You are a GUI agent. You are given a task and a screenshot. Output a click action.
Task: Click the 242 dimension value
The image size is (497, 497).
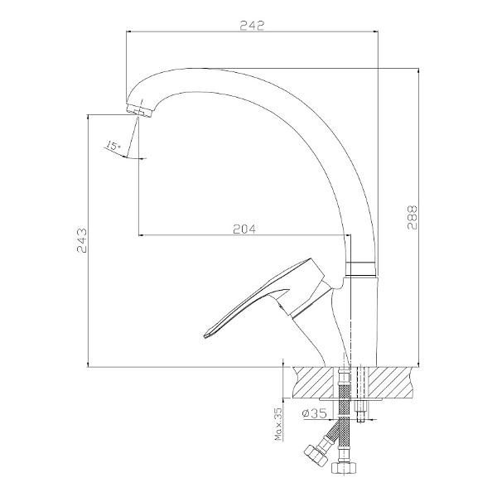pyautogui.click(x=252, y=26)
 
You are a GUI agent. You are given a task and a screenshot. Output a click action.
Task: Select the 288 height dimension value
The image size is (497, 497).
pyautogui.click(x=413, y=217)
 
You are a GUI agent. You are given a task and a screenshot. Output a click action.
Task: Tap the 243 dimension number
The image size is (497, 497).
pyautogui.click(x=81, y=240)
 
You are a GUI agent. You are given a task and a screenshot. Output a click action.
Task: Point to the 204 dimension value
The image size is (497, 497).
pyautogui.click(x=244, y=229)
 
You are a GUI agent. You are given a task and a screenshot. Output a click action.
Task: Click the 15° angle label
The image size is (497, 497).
pyautogui.click(x=113, y=146)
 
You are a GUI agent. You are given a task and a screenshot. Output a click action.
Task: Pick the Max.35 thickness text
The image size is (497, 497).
pyautogui.click(x=278, y=424)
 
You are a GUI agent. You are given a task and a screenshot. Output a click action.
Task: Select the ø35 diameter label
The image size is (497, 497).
pyautogui.click(x=314, y=413)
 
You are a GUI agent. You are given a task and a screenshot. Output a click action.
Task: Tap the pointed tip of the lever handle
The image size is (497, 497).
pyautogui.click(x=205, y=336)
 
